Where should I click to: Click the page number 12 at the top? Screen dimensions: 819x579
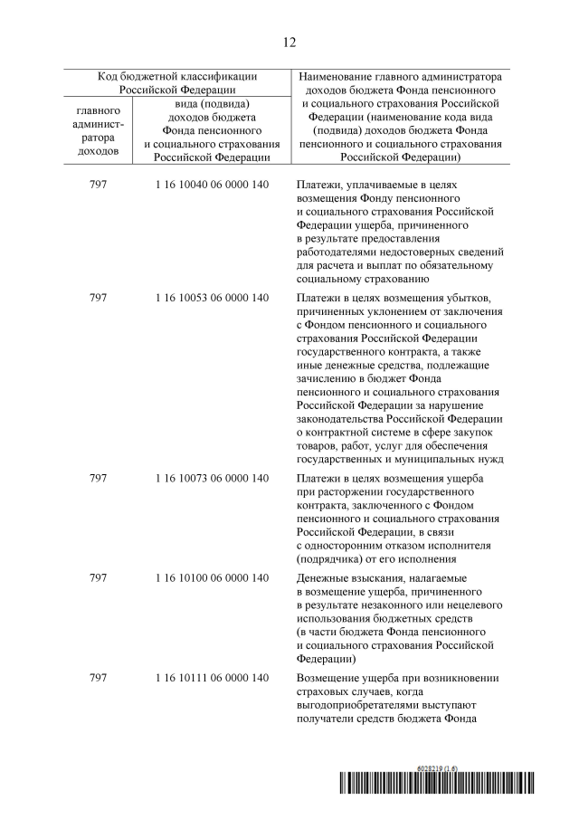(289, 42)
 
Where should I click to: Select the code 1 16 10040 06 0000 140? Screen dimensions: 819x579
(212, 184)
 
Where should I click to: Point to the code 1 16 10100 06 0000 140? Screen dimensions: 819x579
(212, 577)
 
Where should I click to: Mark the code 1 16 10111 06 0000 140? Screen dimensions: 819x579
(212, 678)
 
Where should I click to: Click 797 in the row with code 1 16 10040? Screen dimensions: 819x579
(99, 184)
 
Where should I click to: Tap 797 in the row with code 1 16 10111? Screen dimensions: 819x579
(99, 678)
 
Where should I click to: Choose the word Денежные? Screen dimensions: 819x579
(324, 577)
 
